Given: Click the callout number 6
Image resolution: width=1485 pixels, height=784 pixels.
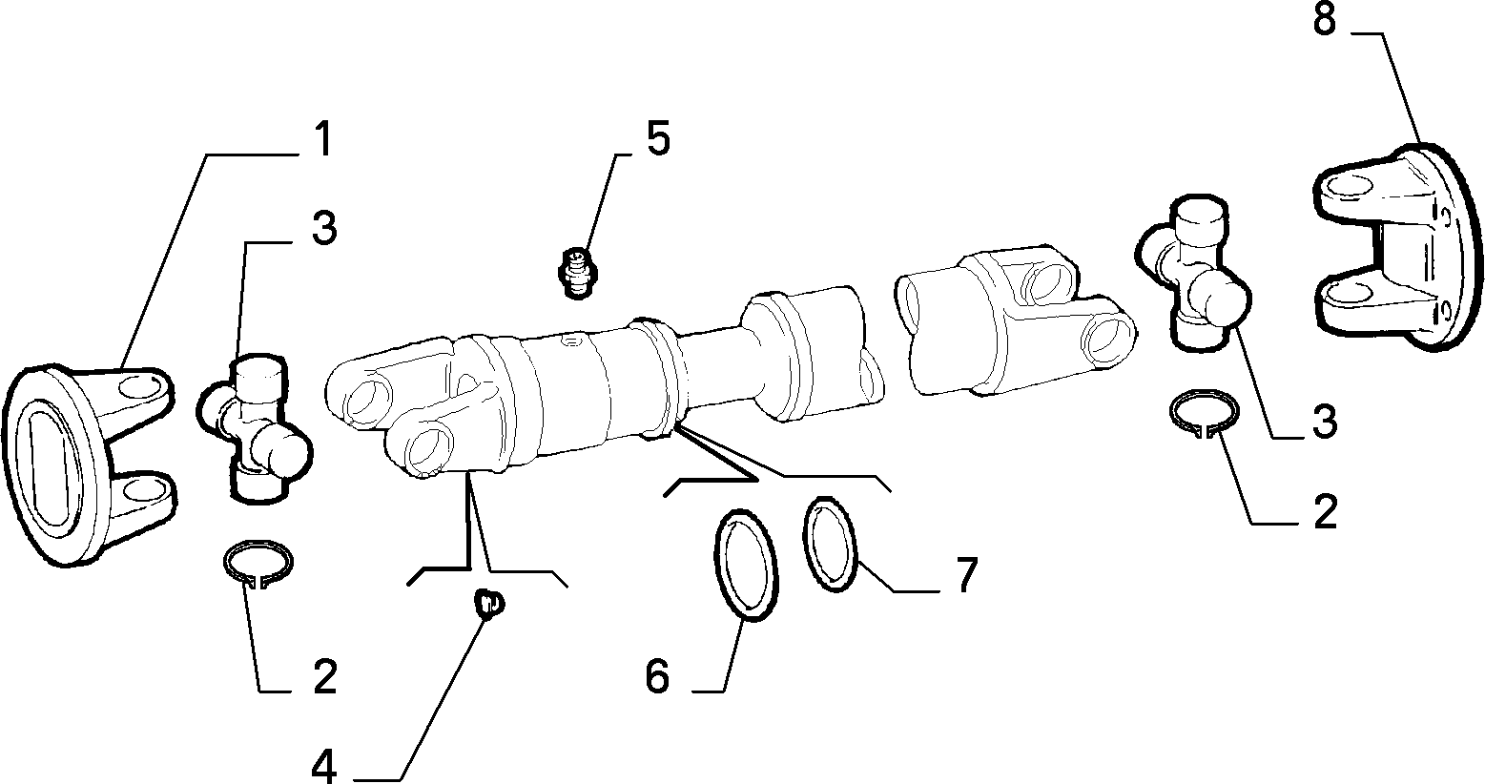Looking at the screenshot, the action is click(x=657, y=676).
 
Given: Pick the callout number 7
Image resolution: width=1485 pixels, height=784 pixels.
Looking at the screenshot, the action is click(x=966, y=575).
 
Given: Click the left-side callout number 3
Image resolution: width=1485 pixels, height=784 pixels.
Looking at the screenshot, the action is click(x=324, y=227).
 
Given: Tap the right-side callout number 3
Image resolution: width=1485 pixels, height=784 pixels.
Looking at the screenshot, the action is click(x=1325, y=422).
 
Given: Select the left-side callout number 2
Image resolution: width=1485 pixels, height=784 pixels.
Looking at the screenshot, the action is click(x=325, y=676).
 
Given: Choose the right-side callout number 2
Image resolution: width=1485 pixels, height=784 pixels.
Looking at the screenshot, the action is click(x=1325, y=511).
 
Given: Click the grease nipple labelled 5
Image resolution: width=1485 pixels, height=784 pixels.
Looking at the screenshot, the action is click(x=579, y=273).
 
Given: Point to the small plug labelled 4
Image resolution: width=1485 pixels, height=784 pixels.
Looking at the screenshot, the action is click(x=488, y=603).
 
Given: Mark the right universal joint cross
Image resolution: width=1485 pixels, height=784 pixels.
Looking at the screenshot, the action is click(x=1192, y=271).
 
